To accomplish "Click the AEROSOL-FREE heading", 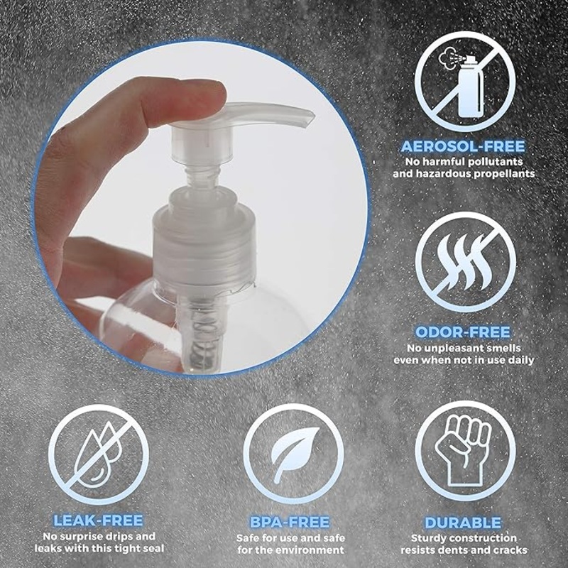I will [463, 147].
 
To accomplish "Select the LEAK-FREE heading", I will [98, 520].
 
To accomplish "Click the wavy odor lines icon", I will [465, 262].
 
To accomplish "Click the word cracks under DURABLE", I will [508, 550].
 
